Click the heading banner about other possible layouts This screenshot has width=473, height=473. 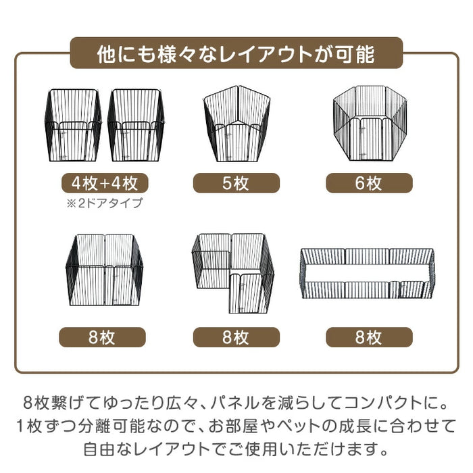(x=236, y=53)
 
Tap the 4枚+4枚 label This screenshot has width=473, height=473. (x=102, y=183)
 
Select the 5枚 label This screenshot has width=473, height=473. (x=236, y=183)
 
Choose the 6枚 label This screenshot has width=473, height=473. (x=369, y=183)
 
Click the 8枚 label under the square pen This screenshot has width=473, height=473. (x=102, y=337)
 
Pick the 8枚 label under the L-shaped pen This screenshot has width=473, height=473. (x=236, y=337)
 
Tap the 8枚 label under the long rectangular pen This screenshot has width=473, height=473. (x=369, y=337)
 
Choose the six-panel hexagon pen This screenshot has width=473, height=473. (x=369, y=122)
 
